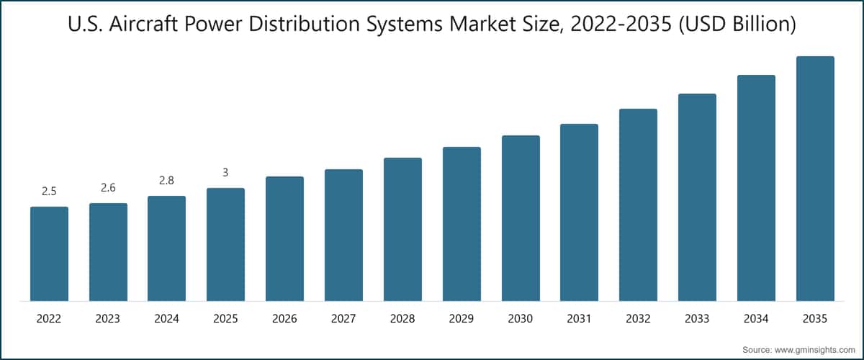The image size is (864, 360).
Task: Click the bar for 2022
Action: tap(49, 253)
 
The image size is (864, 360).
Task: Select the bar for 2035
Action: tap(815, 179)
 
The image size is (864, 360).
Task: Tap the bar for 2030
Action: tap(521, 218)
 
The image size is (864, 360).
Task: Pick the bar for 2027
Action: tap(343, 235)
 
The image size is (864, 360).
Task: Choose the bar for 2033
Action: tap(697, 197)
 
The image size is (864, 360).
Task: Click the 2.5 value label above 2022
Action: tap(49, 192)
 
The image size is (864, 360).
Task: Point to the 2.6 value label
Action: tap(108, 188)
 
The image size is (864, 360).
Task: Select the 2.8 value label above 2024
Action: tap(166, 181)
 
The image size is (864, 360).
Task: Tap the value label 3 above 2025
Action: tap(225, 173)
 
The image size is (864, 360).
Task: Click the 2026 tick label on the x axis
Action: tap(284, 318)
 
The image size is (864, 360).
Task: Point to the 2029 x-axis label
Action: tap(462, 318)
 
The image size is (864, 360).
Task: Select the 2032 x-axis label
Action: tap(638, 318)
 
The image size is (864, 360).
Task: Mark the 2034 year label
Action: tap(756, 318)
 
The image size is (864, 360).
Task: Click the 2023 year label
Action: tap(108, 318)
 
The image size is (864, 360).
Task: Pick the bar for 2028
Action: tap(402, 229)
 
